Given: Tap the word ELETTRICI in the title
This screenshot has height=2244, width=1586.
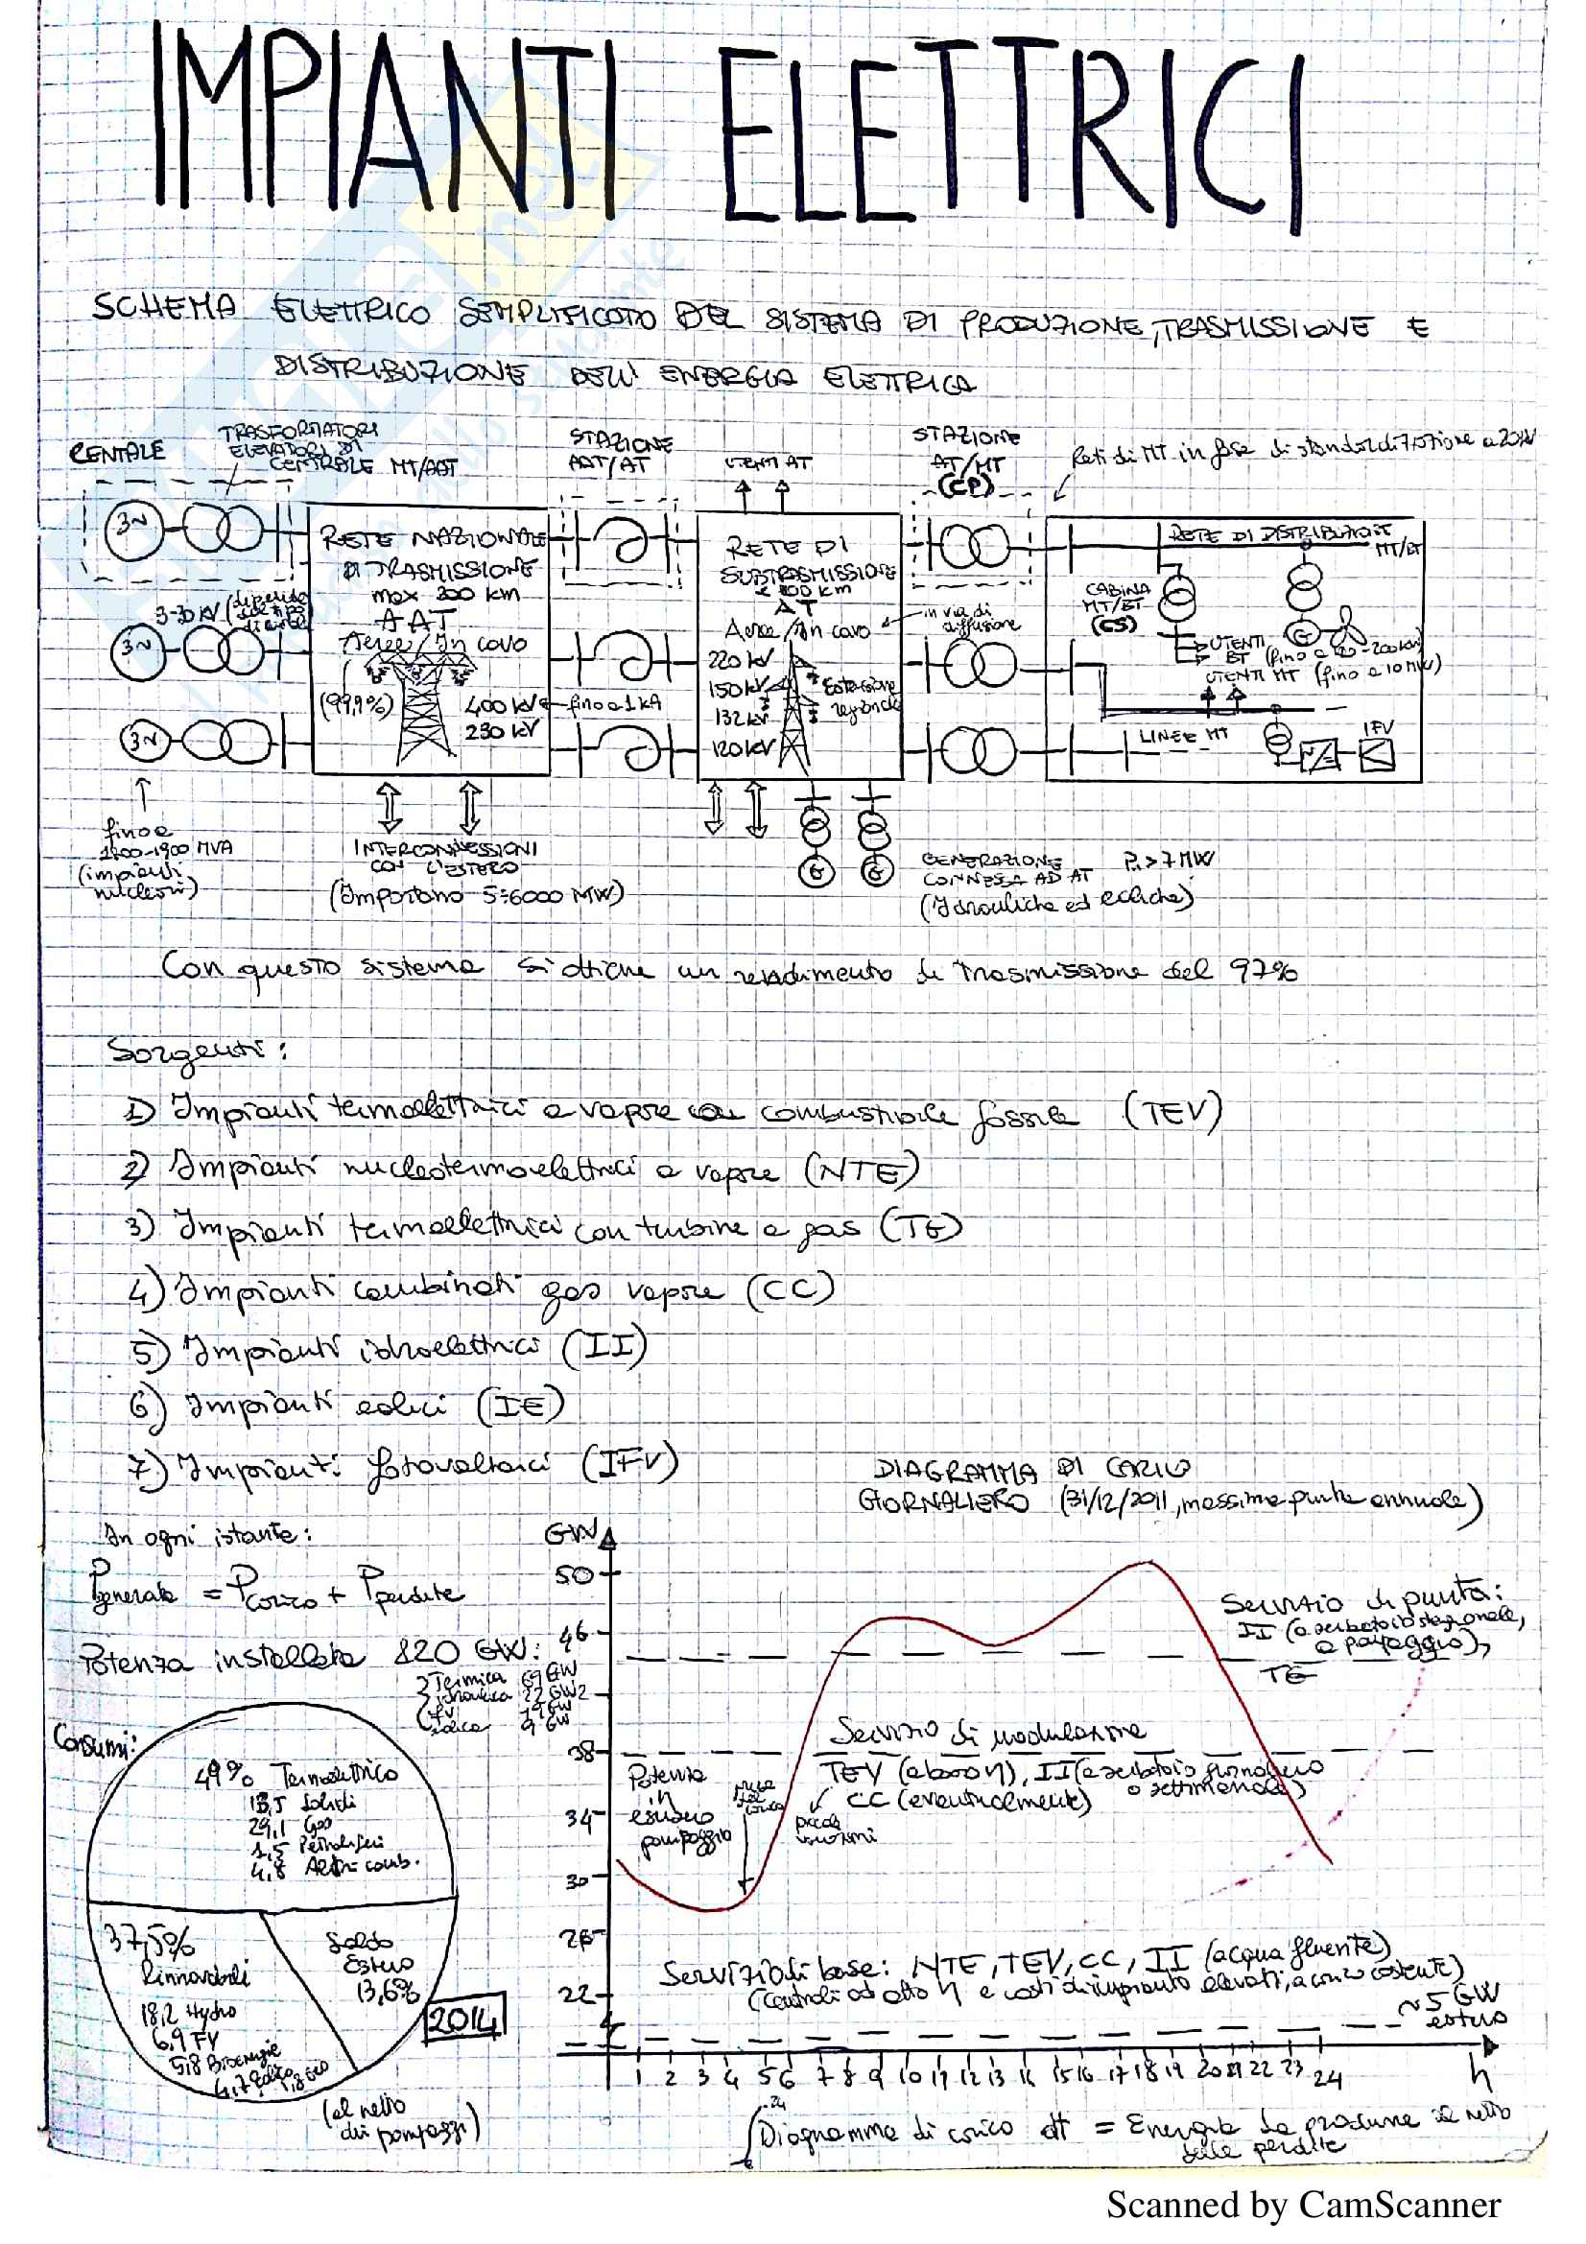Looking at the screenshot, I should point(1011,137).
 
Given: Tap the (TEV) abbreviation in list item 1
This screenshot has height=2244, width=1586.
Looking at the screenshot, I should point(1172,1113).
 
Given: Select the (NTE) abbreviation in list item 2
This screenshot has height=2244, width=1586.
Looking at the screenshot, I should point(861,1169).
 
